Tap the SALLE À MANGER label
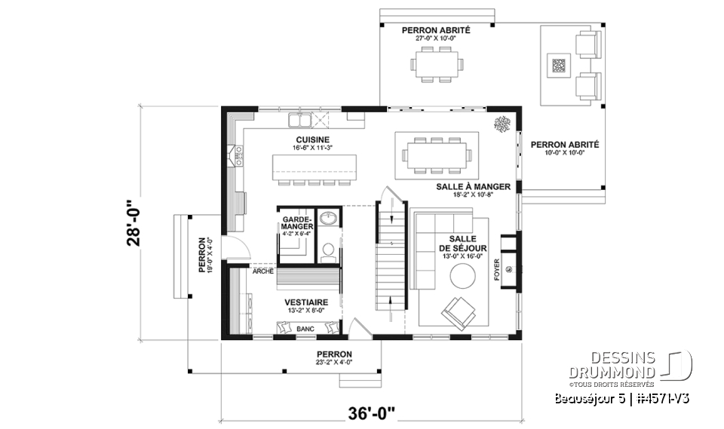[473, 186]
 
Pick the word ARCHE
[263, 271]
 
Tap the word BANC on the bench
[306, 329]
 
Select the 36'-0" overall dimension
[371, 413]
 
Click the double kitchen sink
[299, 120]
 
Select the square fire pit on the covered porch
[559, 66]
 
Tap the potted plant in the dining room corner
[501, 124]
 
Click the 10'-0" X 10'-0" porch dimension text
[564, 153]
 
